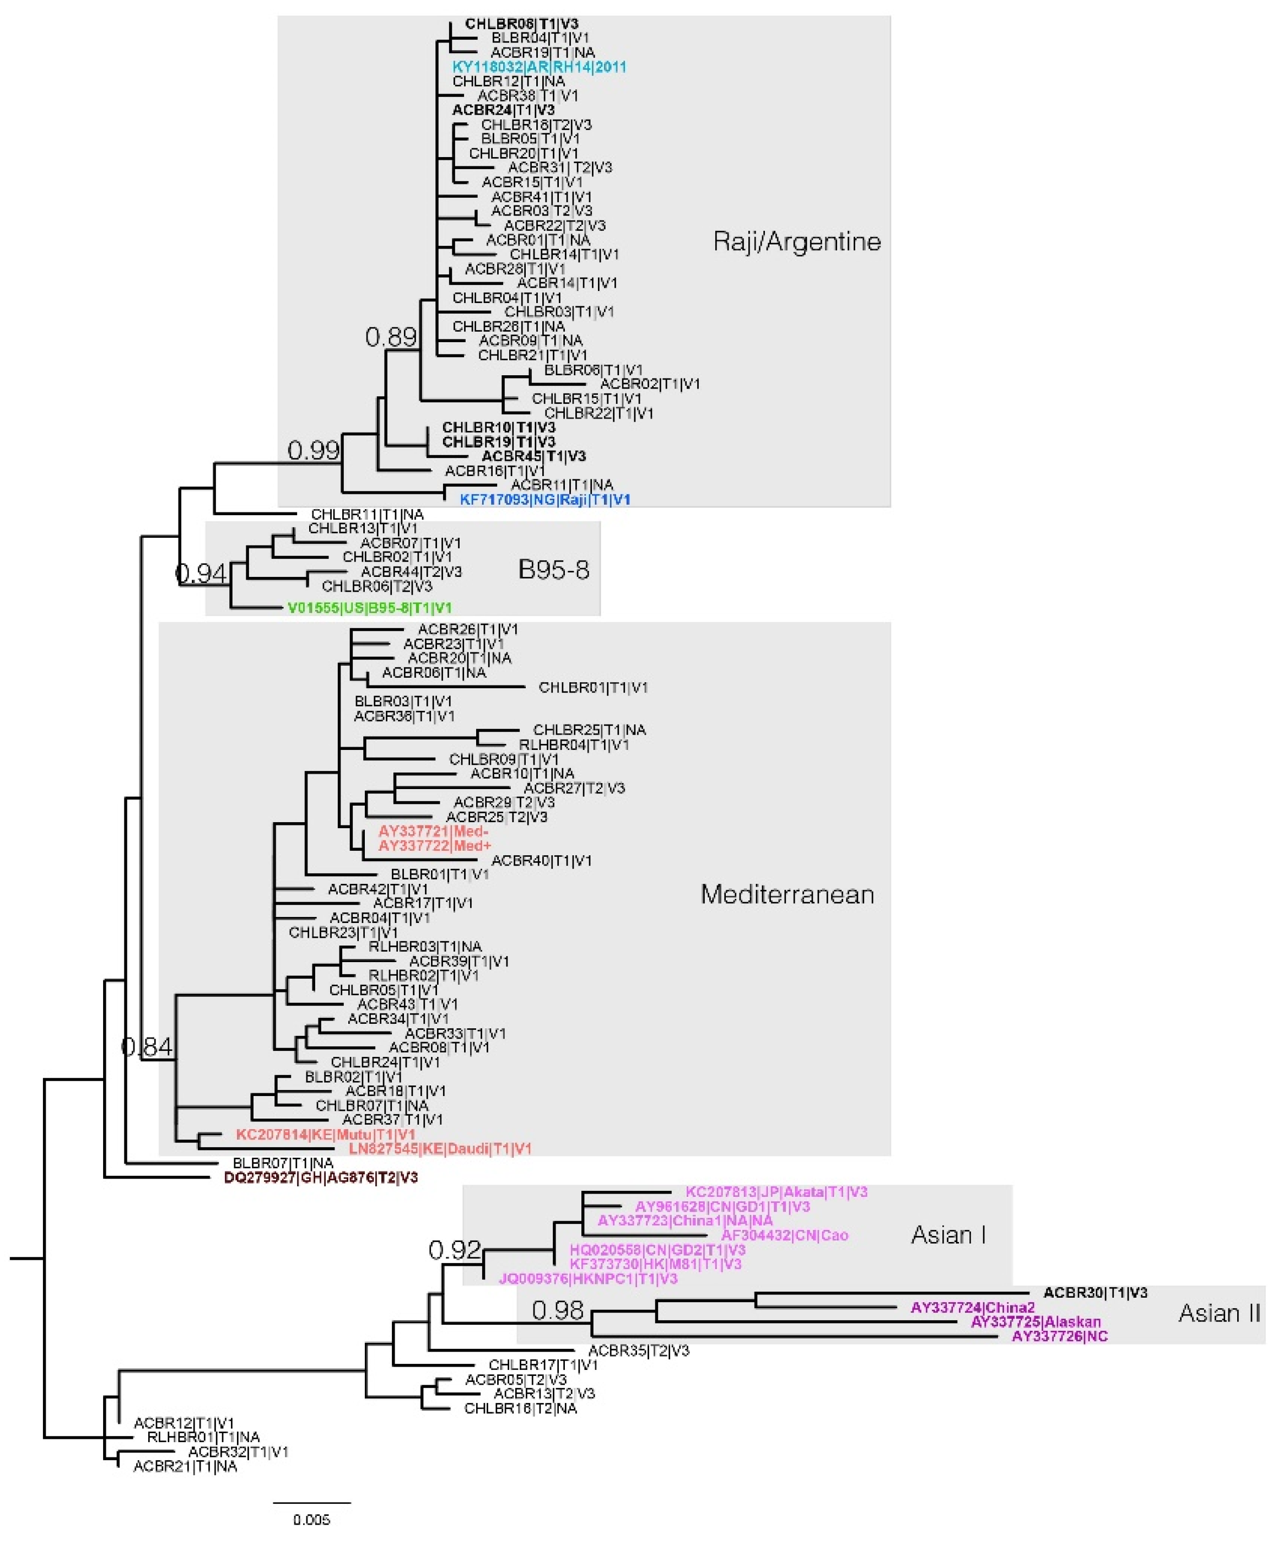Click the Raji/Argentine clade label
[x=796, y=241]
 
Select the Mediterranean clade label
[x=787, y=895]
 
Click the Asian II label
[x=1218, y=1313]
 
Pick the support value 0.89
[x=391, y=337]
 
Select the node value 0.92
[x=455, y=1249]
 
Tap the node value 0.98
[x=557, y=1309]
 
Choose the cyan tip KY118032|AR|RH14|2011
[x=539, y=67]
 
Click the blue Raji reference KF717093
[x=545, y=500]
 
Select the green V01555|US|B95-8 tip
[x=369, y=608]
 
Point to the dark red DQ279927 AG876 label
[x=321, y=1178]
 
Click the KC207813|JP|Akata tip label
[x=776, y=1192]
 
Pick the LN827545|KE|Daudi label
[x=440, y=1148]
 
